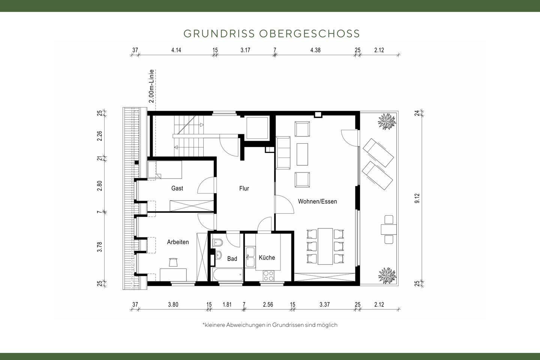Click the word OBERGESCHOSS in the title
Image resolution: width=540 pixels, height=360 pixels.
pos(309,34)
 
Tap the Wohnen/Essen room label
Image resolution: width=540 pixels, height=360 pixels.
pos(317,201)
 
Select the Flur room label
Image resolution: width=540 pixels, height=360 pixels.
pos(244,189)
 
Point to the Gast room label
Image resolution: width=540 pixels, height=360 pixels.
pos(177,188)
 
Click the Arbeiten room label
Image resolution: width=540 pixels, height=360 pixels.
pos(178,242)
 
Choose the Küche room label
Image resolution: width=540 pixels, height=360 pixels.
pos(267,258)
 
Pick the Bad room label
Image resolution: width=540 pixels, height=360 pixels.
pos(232,259)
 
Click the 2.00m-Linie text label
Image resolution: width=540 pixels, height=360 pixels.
pos(151,86)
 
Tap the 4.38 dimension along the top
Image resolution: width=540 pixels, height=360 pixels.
pos(315,50)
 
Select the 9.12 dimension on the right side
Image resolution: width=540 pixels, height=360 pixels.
pos(417,198)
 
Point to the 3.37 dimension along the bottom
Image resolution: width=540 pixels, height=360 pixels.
pos(324,304)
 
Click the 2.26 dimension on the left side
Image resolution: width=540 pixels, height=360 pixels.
pos(100,135)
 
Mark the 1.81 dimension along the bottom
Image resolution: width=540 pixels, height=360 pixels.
pos(227,304)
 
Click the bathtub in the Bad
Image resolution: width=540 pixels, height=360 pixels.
pos(227,274)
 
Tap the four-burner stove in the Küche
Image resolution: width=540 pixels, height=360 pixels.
pos(268,276)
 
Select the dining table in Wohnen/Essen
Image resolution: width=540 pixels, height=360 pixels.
pos(325,246)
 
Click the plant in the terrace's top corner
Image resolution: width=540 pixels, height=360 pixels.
pos(387,121)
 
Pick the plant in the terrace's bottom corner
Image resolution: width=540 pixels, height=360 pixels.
pos(387,275)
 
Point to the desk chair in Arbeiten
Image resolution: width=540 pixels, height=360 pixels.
pos(173,262)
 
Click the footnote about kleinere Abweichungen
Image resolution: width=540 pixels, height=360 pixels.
pos(270,325)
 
